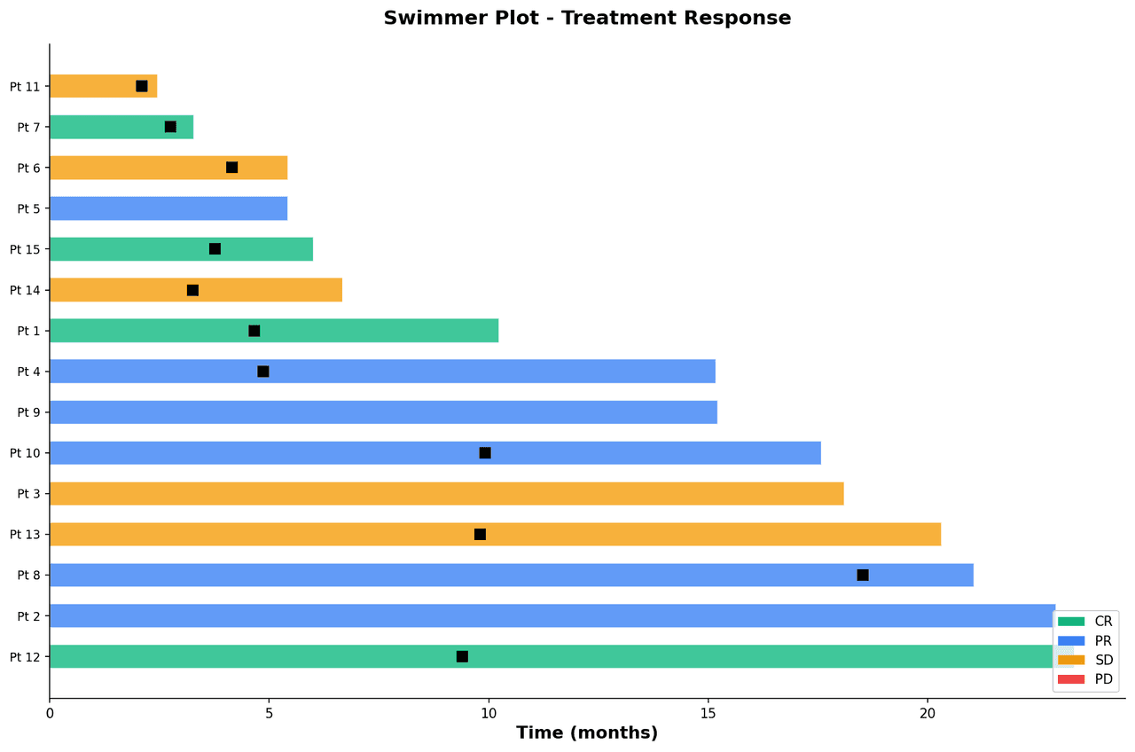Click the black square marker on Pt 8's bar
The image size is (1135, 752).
(x=863, y=576)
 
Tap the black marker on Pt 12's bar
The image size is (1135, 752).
(x=462, y=657)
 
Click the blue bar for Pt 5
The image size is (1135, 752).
(x=168, y=208)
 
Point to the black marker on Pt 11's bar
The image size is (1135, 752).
(x=142, y=86)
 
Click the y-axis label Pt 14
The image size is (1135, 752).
(x=25, y=290)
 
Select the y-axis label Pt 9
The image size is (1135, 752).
(x=28, y=412)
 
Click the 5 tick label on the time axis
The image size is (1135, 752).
(x=269, y=713)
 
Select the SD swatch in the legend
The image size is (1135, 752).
(x=1071, y=660)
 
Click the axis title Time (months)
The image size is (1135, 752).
(x=587, y=733)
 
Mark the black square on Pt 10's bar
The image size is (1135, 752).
(x=485, y=453)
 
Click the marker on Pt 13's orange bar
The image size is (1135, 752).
(x=480, y=535)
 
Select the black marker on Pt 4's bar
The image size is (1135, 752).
(x=263, y=372)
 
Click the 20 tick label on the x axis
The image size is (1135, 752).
(x=927, y=713)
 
